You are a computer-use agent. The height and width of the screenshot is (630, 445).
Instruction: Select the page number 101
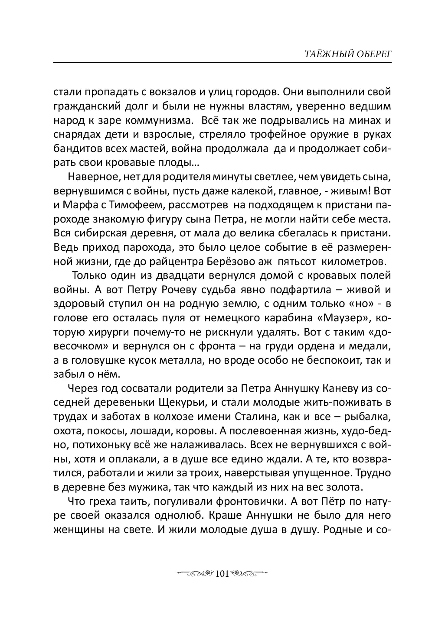222,574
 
